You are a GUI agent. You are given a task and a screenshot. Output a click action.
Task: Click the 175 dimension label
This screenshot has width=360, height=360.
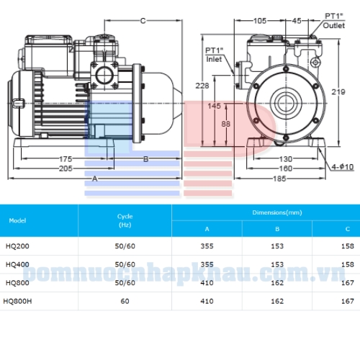tap(66, 159)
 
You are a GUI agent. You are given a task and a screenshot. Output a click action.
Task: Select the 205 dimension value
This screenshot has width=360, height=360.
tap(66, 168)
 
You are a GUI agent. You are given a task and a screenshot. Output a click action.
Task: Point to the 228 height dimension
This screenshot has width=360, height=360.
tap(202, 86)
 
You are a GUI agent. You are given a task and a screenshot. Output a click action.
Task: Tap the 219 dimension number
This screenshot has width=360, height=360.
tap(338, 91)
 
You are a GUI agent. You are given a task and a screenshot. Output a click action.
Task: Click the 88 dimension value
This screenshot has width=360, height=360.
tap(225, 124)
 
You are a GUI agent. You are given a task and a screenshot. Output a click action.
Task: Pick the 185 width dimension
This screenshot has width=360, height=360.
tap(279, 179)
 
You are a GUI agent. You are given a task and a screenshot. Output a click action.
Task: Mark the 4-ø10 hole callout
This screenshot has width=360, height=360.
tap(343, 167)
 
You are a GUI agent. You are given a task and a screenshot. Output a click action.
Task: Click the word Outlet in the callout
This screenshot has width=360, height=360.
tap(334, 25)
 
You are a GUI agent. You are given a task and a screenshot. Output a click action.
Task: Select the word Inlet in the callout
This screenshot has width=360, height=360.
tap(214, 59)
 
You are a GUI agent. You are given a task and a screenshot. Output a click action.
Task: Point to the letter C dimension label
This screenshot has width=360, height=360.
tap(143, 21)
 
